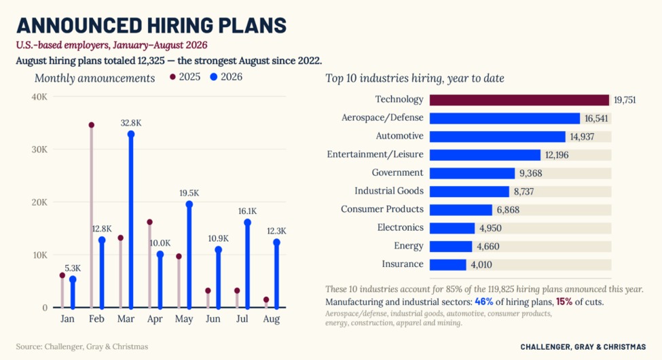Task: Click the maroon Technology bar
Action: click(519, 100)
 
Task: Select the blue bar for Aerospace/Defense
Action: click(504, 118)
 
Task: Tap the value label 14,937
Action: click(582, 137)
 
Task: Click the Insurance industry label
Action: click(403, 264)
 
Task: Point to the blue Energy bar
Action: click(450, 247)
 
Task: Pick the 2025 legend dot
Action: click(172, 77)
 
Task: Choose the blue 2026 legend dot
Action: click(214, 77)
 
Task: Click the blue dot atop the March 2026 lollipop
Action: click(131, 134)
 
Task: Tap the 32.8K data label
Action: click(131, 123)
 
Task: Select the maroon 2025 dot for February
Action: click(91, 125)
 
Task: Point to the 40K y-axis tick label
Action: click(39, 96)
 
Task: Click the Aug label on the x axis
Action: click(271, 319)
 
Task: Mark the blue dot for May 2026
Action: click(189, 204)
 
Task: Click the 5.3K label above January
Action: click(73, 268)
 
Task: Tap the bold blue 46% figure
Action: click(484, 302)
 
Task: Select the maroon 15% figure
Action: click(564, 302)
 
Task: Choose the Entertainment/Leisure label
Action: click(375, 154)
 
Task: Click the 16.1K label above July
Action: click(247, 211)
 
